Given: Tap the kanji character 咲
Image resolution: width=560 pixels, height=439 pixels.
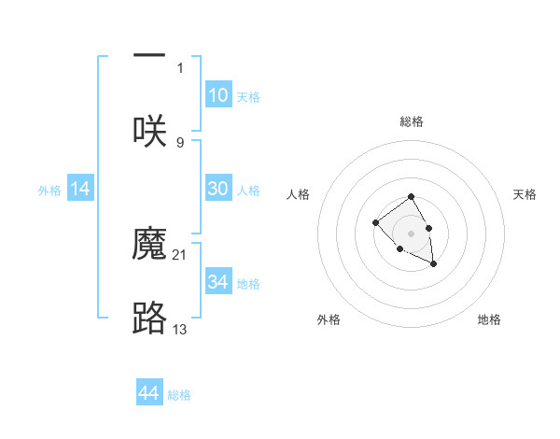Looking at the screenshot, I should point(149,130).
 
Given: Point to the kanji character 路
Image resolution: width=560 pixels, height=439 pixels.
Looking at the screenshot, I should point(149,319).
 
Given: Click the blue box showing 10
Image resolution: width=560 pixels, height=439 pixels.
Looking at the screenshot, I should point(217,95).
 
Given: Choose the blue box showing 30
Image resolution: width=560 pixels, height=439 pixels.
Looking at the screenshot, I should point(217,189).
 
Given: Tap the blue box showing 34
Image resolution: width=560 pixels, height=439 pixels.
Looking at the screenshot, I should point(217,282).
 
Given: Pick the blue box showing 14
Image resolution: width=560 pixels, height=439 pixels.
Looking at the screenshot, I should point(80,189).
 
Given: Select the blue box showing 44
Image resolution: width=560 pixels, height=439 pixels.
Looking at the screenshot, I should point(149,393).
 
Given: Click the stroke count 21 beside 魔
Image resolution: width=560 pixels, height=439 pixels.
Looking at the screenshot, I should point(180,254).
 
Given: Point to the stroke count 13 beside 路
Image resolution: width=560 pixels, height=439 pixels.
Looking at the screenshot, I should point(180,329).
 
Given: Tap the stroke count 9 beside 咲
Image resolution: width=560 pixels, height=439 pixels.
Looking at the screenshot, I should point(180,142).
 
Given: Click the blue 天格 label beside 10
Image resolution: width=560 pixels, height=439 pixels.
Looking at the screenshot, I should point(248,97).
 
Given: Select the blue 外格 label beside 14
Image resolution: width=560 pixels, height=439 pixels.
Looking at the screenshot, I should point(49,191).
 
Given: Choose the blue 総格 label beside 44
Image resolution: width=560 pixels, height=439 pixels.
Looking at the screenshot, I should point(179,395).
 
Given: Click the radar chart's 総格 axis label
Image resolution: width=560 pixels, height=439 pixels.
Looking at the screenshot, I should point(412,121).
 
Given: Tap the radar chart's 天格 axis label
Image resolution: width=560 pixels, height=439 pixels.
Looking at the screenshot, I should point(525,194).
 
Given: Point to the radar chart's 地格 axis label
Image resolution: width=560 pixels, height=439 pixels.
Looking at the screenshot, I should point(489,319).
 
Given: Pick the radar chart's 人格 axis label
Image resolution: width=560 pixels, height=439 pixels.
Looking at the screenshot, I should point(299,194).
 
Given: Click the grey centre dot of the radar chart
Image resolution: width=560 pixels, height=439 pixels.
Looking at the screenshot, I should point(411,232).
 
